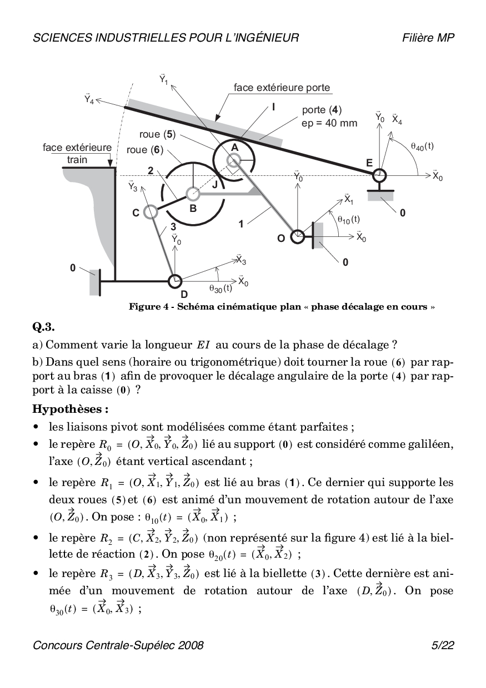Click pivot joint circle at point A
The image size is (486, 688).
coord(233,160)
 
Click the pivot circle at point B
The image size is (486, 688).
coord(193,194)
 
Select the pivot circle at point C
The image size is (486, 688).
coord(149,211)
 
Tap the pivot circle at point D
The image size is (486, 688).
coord(175,281)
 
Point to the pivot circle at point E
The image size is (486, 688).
coord(379,175)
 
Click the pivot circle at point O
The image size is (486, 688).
coord(298,236)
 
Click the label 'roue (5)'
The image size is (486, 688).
coord(157,135)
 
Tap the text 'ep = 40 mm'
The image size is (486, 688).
coord(329,123)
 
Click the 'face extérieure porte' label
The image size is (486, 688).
coord(282,88)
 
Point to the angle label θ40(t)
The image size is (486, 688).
coord(422,146)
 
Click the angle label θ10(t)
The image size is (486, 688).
coord(348,220)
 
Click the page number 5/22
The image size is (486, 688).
coord(443,645)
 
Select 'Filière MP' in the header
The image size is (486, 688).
coord(429,38)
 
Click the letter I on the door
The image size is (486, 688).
coord(274,108)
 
